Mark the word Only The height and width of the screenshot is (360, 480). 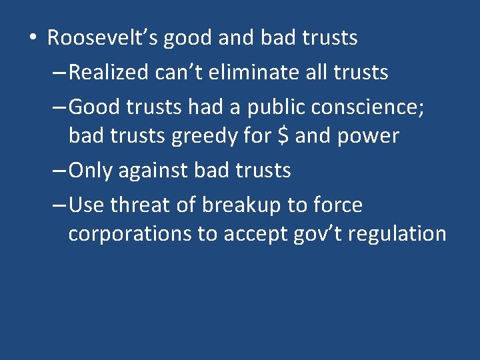click(91, 171)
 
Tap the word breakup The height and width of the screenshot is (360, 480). click(243, 205)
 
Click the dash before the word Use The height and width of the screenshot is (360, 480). click(59, 205)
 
